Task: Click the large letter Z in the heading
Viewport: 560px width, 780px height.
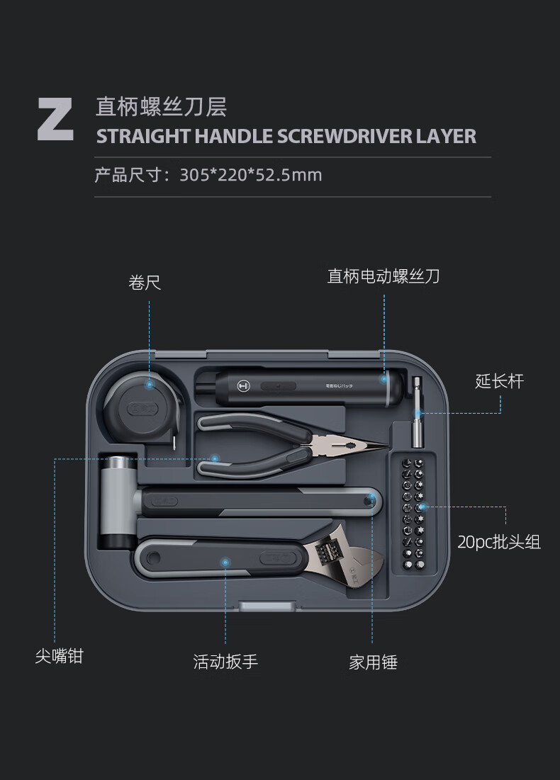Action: [55, 120]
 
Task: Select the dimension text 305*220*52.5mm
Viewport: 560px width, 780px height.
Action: [250, 175]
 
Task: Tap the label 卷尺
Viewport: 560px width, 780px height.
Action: [145, 283]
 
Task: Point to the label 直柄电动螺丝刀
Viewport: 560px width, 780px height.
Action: [383, 276]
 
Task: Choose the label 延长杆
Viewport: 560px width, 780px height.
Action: [499, 382]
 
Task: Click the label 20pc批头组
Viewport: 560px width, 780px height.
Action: [499, 542]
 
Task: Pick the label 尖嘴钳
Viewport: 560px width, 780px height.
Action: [60, 656]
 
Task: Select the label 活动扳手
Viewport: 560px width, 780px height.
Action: [225, 662]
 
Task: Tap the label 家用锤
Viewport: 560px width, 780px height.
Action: [374, 662]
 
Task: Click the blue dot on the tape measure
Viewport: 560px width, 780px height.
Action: [149, 385]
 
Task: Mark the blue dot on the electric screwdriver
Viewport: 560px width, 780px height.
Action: [383, 380]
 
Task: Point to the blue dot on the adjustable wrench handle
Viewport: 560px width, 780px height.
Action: [225, 562]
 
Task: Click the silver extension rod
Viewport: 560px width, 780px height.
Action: [417, 412]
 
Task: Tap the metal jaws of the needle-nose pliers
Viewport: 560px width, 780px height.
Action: [349, 444]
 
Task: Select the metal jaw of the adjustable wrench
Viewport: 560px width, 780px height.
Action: [344, 556]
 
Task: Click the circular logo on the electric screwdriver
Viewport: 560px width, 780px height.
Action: [243, 386]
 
